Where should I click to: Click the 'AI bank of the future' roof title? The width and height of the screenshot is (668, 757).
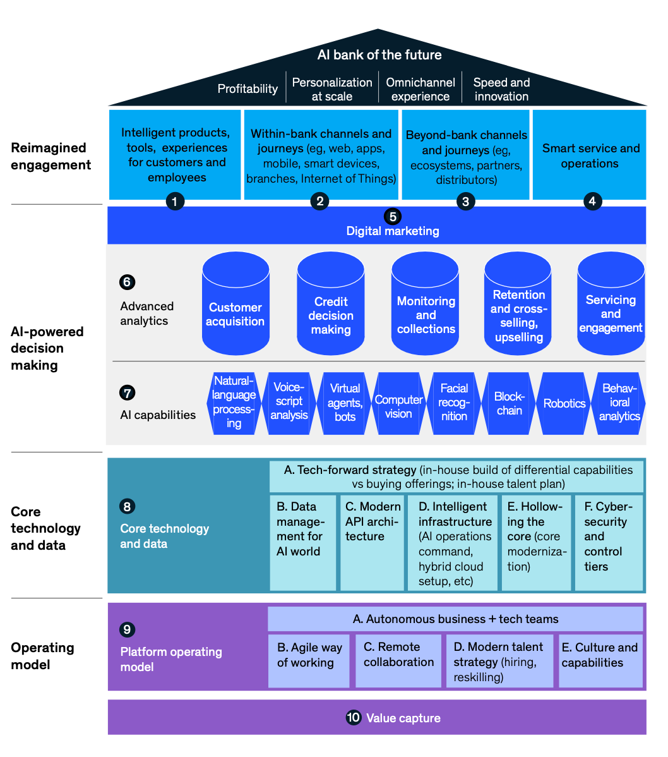[x=379, y=55]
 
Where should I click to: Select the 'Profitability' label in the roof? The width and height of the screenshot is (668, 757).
[x=248, y=89]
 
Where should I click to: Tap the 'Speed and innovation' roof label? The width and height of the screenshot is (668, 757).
[x=501, y=89]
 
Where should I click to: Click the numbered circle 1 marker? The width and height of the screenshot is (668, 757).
[x=175, y=202]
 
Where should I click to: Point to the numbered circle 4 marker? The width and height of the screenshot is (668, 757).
[x=592, y=202]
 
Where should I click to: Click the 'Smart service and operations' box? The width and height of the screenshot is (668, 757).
[x=590, y=155]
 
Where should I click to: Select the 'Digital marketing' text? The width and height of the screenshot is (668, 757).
[x=392, y=231]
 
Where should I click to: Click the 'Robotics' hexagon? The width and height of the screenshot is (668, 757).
[x=564, y=404]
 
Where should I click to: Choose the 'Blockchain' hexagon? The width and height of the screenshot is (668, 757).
[x=509, y=404]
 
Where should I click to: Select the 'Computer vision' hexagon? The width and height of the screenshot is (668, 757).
[x=398, y=406]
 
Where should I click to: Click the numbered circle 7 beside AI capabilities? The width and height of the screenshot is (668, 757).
[x=127, y=393]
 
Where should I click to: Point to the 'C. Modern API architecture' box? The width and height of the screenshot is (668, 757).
[x=373, y=542]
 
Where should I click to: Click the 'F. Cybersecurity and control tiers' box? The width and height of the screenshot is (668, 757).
[x=609, y=542]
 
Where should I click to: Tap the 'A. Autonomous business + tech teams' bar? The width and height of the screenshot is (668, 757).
[x=455, y=619]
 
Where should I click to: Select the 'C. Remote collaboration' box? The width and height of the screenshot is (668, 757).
[x=398, y=661]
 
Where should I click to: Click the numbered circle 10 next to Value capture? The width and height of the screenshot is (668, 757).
[x=353, y=718]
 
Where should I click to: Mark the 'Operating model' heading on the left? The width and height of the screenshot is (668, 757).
[x=42, y=656]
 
